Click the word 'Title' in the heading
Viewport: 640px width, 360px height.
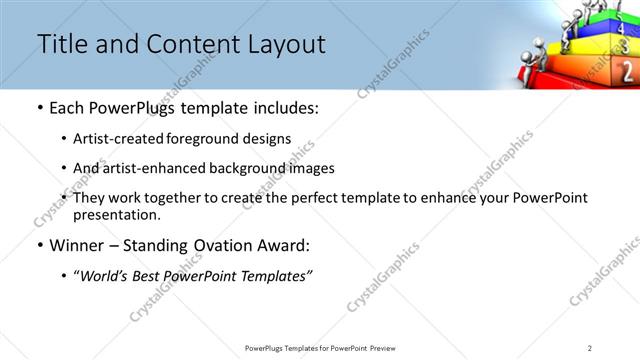tap(60, 44)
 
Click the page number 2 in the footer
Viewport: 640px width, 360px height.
tap(590, 348)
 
